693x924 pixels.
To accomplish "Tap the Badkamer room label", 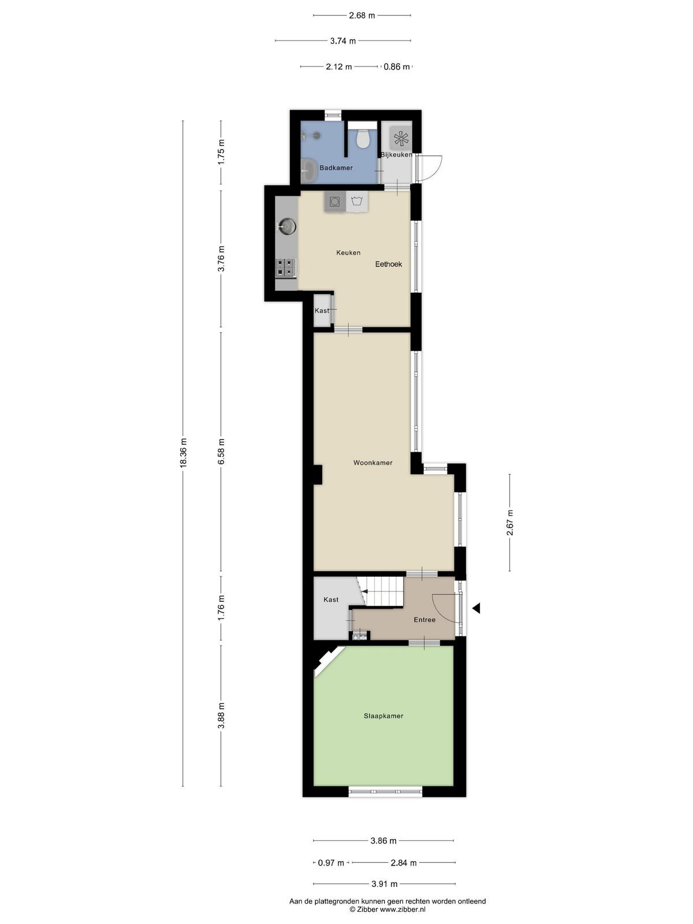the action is click(336, 168).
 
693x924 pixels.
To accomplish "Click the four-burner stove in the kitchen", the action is click(286, 268).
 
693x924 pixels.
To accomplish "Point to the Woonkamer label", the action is click(373, 463).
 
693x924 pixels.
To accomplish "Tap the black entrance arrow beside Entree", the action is click(476, 608).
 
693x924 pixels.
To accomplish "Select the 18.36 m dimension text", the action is click(183, 453).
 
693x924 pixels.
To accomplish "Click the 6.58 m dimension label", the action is click(221, 452).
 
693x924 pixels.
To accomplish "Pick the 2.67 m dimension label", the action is click(509, 523).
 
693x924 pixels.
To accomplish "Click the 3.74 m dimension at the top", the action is click(343, 41).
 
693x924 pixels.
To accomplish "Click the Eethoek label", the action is click(388, 264).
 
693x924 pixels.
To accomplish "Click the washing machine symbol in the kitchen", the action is click(335, 202).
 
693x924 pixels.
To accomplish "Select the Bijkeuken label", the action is click(396, 155).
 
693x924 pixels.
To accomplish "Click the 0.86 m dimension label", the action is click(396, 66).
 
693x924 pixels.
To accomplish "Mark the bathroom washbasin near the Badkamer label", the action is click(308, 170).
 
